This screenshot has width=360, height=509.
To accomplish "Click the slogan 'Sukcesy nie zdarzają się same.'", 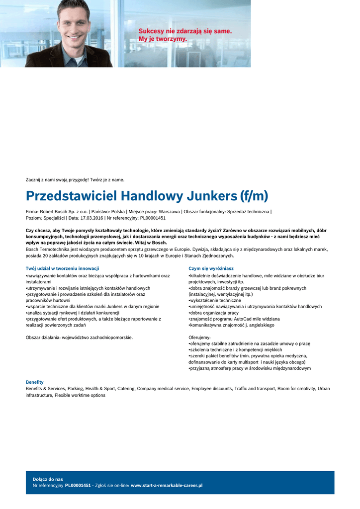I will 185,31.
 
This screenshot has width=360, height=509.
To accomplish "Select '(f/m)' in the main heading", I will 253,196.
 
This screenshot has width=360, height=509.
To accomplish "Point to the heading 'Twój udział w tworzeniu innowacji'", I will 62,268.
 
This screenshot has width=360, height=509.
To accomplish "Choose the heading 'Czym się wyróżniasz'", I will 211,268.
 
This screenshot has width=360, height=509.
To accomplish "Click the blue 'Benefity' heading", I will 35,382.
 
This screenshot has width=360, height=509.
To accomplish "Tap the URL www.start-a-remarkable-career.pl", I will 167,485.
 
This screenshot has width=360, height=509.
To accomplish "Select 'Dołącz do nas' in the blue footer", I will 48,479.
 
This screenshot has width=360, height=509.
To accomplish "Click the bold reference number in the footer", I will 78,485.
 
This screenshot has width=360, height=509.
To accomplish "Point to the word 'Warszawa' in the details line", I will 169,211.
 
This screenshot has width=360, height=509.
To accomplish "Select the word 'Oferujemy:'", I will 200,338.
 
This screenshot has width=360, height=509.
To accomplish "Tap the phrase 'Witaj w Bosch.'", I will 151,243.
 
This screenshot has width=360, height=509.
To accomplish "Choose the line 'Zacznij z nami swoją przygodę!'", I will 56,179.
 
